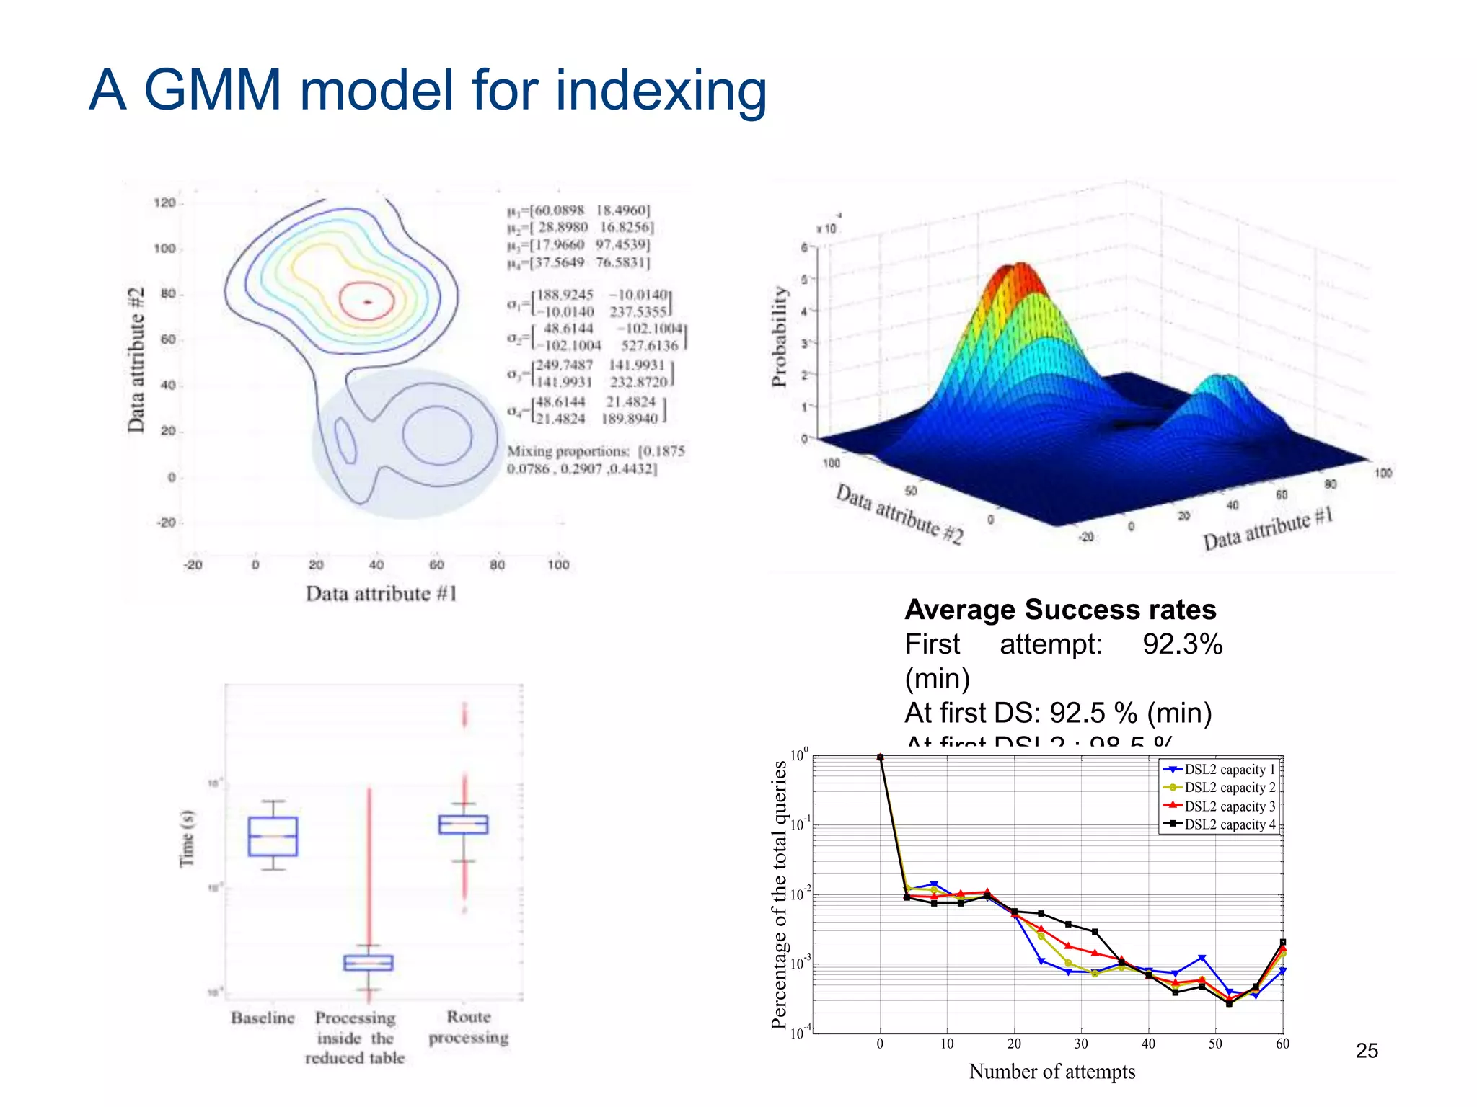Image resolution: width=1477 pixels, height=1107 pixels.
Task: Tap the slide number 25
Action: point(1367,1051)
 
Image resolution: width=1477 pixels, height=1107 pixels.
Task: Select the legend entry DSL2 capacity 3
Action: point(1229,806)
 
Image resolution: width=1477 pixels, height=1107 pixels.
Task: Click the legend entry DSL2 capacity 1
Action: point(1229,769)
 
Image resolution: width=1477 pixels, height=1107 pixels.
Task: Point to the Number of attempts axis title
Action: point(1051,1072)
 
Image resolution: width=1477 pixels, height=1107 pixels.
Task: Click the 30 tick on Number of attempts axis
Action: point(1081,1044)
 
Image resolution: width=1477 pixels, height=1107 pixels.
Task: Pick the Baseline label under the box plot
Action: point(263,1018)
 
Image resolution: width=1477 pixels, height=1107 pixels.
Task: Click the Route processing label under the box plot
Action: point(469,1027)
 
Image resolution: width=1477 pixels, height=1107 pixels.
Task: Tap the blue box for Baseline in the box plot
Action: point(273,836)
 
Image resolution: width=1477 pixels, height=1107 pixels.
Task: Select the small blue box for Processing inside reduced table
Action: point(369,963)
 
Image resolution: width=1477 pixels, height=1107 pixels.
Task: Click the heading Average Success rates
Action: point(1060,610)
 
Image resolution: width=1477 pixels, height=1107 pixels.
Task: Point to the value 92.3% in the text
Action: point(1182,644)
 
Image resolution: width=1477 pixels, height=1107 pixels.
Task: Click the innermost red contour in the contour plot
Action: point(367,301)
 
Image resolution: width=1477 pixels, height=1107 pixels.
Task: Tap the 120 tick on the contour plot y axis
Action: point(164,203)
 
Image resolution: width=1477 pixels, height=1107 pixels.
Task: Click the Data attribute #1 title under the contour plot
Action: point(381,593)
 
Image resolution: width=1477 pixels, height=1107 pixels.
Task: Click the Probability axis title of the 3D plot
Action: point(779,337)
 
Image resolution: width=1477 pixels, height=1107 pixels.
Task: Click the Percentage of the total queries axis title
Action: point(780,894)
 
